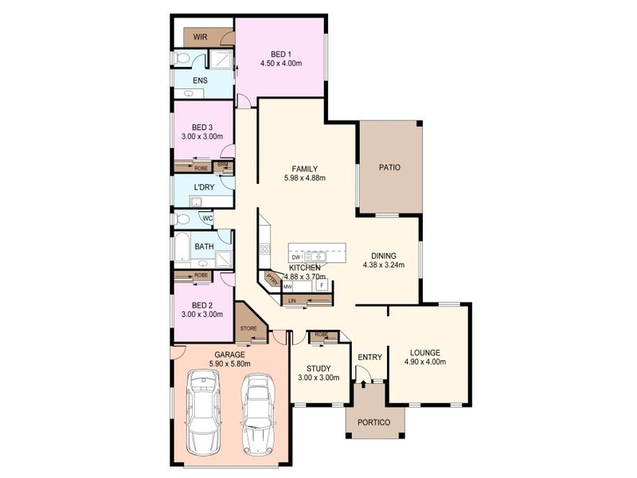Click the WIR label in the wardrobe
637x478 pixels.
[200, 37]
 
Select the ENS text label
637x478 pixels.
[201, 80]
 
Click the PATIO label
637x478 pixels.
[389, 167]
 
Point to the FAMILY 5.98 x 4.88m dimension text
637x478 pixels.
[305, 178]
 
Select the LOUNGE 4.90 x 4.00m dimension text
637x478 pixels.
[426, 362]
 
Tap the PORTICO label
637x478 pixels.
[374, 421]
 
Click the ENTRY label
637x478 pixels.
[370, 357]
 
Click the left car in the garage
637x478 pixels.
[204, 413]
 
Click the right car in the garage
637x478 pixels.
[256, 412]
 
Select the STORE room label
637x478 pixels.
[248, 328]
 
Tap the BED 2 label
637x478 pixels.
[202, 304]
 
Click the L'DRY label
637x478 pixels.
[204, 187]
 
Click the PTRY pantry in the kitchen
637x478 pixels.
[272, 279]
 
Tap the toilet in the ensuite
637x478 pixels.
[182, 58]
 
